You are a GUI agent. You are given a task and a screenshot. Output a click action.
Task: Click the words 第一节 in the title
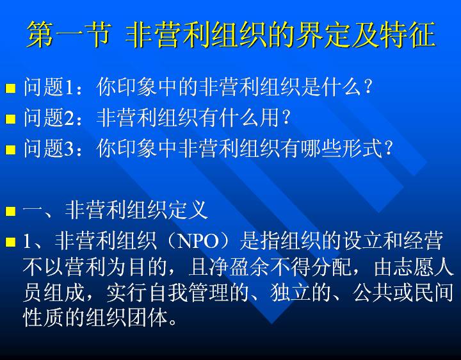click(x=69, y=35)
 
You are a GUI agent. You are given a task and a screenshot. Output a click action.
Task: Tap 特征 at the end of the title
click(x=407, y=35)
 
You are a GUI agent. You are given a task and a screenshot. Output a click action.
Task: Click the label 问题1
click(x=48, y=87)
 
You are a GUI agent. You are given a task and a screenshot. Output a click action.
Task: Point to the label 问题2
click(x=48, y=117)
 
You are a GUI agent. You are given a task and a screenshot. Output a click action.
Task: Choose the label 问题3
click(x=48, y=147)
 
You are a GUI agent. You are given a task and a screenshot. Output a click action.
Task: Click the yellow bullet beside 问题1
click(x=11, y=88)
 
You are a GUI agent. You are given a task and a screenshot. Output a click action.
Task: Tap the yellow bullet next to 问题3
click(x=11, y=149)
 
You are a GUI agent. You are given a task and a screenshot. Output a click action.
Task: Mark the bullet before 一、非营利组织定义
click(x=11, y=211)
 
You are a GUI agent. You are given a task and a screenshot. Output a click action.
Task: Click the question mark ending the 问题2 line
click(x=285, y=117)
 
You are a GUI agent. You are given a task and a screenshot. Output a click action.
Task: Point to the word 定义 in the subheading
click(x=188, y=210)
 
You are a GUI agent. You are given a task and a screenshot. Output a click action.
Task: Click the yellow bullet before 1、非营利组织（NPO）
click(x=11, y=242)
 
